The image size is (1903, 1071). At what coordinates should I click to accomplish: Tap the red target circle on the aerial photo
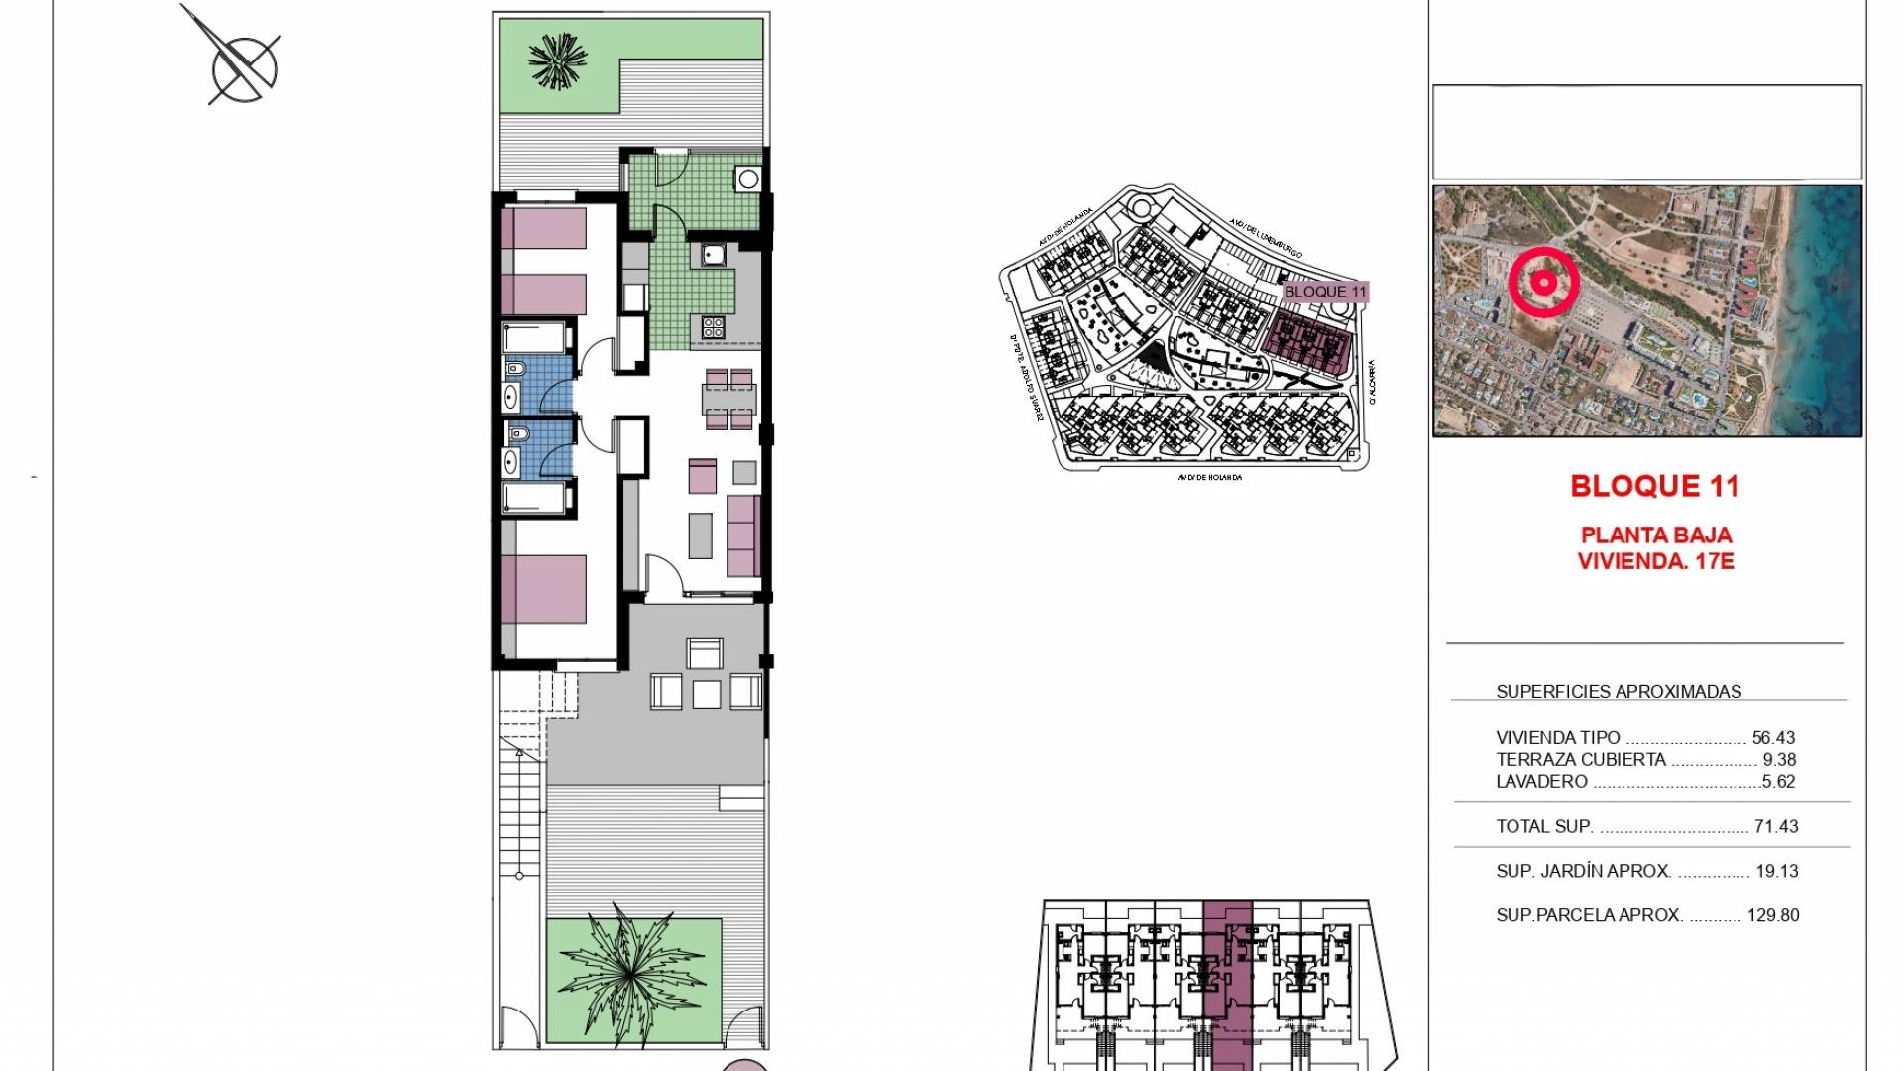[1543, 283]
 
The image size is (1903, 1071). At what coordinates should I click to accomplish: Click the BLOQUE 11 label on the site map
[1324, 292]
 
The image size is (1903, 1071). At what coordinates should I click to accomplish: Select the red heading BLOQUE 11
[1654, 486]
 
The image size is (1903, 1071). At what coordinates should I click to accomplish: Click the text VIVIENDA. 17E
[1655, 561]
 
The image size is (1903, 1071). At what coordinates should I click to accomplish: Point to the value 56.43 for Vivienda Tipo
[1773, 738]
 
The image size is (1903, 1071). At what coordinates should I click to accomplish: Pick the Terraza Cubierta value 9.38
[1779, 760]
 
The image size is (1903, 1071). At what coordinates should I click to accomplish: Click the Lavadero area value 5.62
[1779, 782]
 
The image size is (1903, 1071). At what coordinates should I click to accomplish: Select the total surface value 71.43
[1776, 826]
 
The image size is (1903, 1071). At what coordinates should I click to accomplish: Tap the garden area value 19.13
[1776, 871]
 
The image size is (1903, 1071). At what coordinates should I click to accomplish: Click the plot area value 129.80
[1773, 915]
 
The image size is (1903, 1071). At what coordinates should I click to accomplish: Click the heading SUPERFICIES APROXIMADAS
[1618, 692]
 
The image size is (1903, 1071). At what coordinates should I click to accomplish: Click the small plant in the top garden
[558, 61]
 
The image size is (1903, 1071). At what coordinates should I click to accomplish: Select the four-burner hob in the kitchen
[713, 326]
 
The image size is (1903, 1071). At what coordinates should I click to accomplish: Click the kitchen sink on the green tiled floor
[714, 256]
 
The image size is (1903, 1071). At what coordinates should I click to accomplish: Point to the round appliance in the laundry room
[748, 179]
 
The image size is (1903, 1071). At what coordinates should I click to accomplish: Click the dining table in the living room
[728, 398]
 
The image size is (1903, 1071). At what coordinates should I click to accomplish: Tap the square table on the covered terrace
[707, 694]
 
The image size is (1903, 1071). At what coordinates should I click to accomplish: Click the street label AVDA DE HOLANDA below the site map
[1209, 477]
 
